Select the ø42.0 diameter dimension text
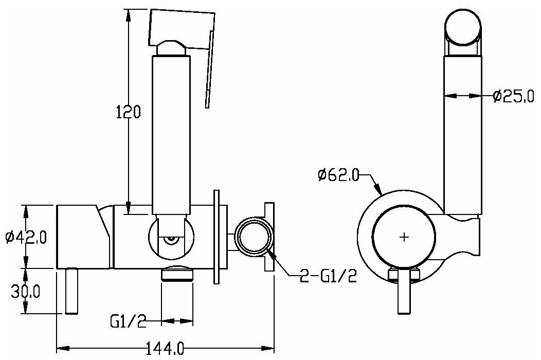point(26,238)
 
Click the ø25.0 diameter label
point(512,96)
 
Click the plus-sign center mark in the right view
point(404,237)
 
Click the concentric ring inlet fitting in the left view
point(252,238)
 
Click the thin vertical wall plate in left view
point(218,237)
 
